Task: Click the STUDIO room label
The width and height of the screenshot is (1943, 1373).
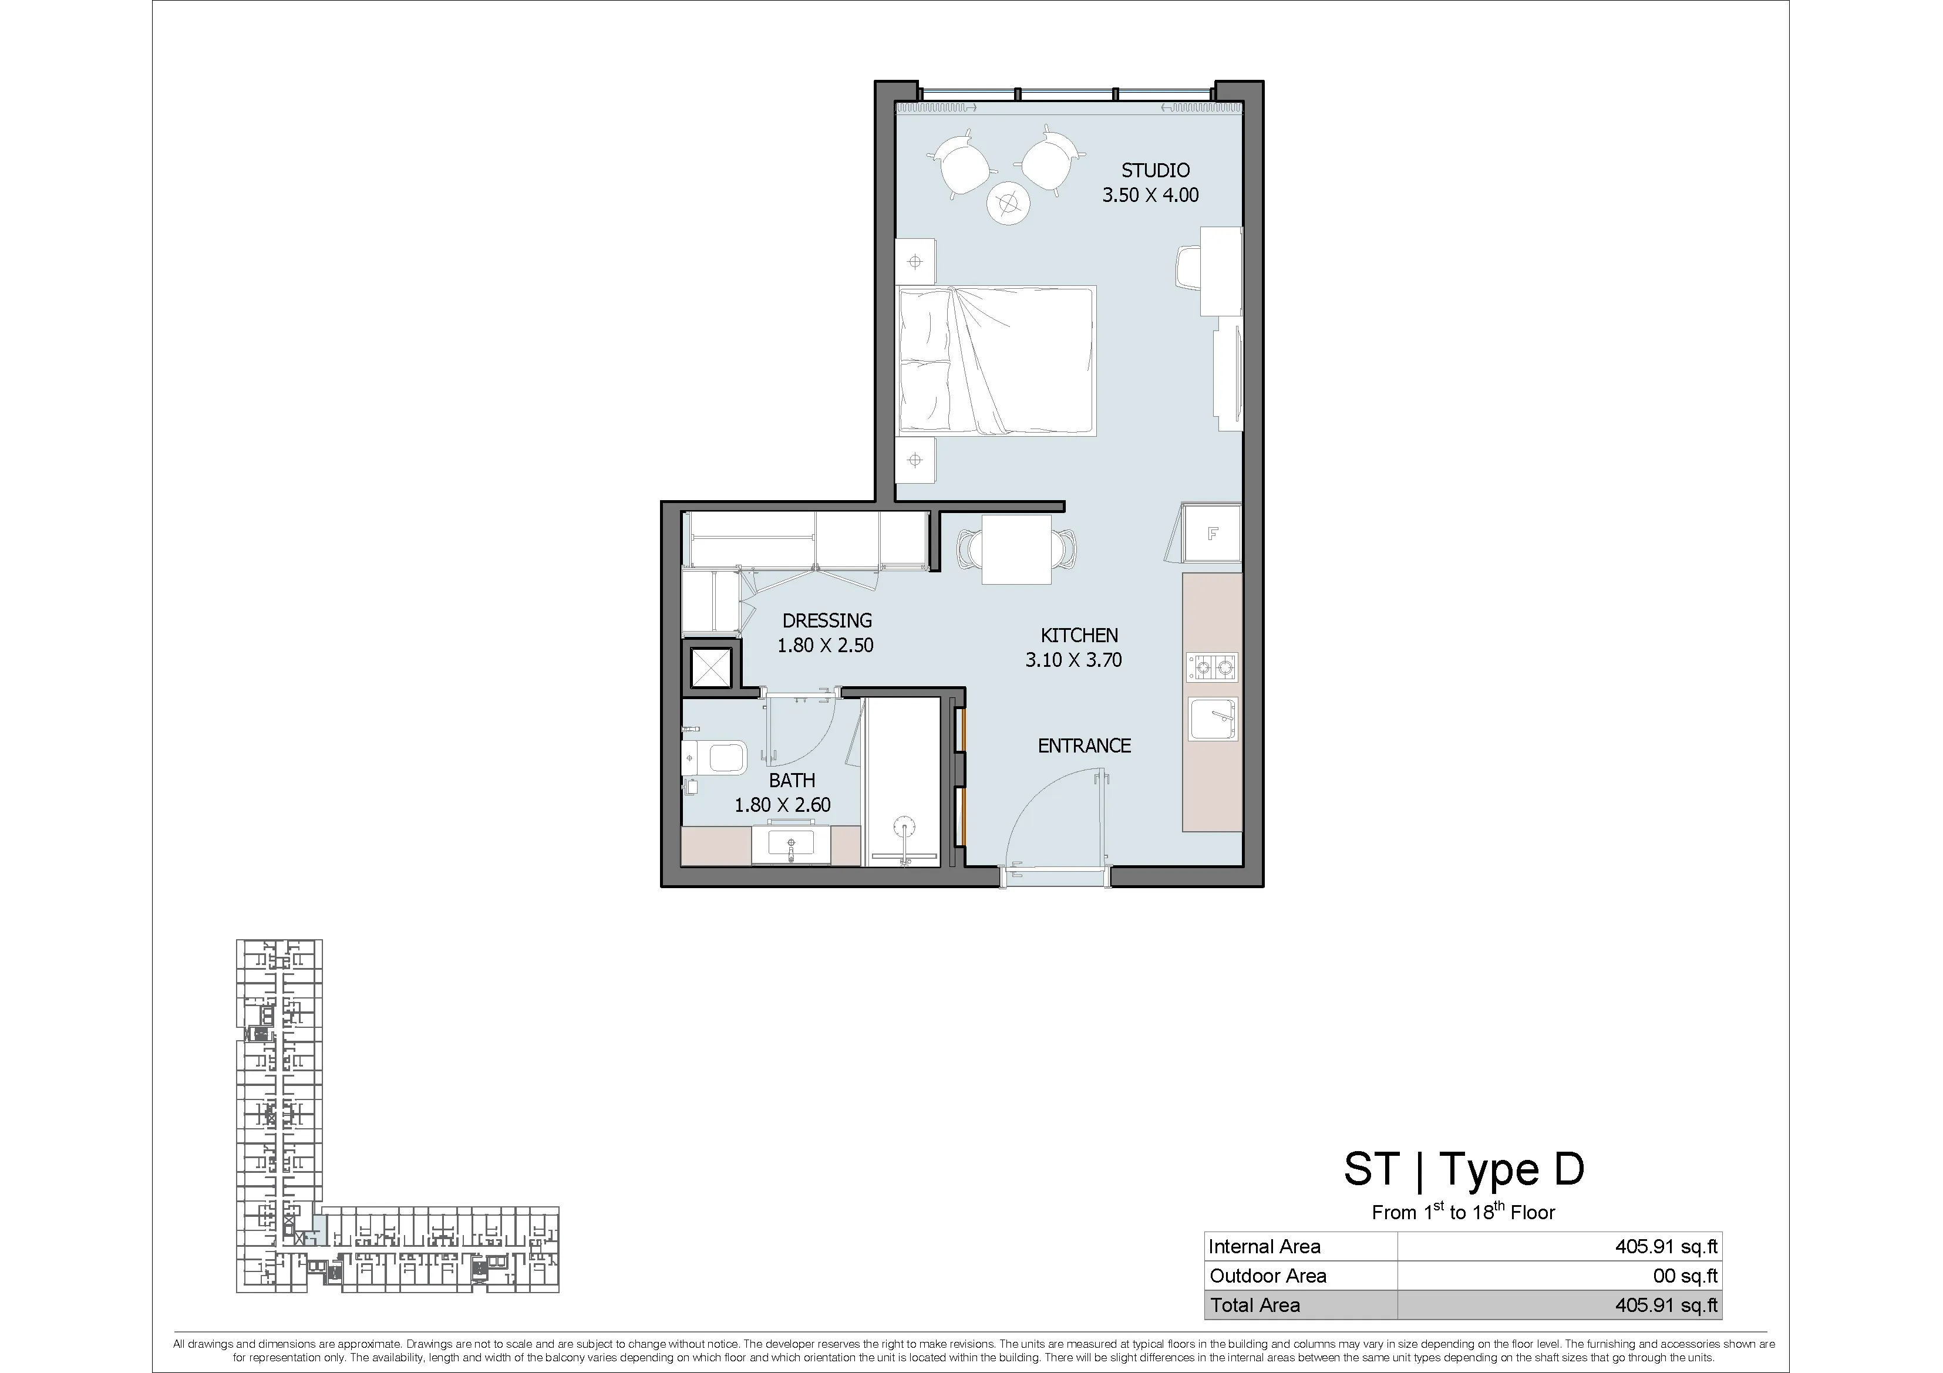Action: coord(1155,170)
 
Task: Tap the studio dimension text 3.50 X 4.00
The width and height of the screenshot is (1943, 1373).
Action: coord(1150,195)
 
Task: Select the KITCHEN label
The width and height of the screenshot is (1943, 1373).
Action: coord(1079,635)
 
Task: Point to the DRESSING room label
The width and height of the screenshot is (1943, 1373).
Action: coord(827,620)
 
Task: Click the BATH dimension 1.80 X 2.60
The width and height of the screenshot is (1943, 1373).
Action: coord(783,805)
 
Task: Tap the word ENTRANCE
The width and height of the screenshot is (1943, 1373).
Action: coord(1084,745)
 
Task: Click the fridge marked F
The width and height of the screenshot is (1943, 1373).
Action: coord(1212,533)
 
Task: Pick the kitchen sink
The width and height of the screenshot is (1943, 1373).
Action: coord(1213,719)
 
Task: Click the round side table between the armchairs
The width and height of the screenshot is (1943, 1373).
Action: coord(1008,203)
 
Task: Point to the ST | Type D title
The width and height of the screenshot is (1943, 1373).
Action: coord(1464,1170)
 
